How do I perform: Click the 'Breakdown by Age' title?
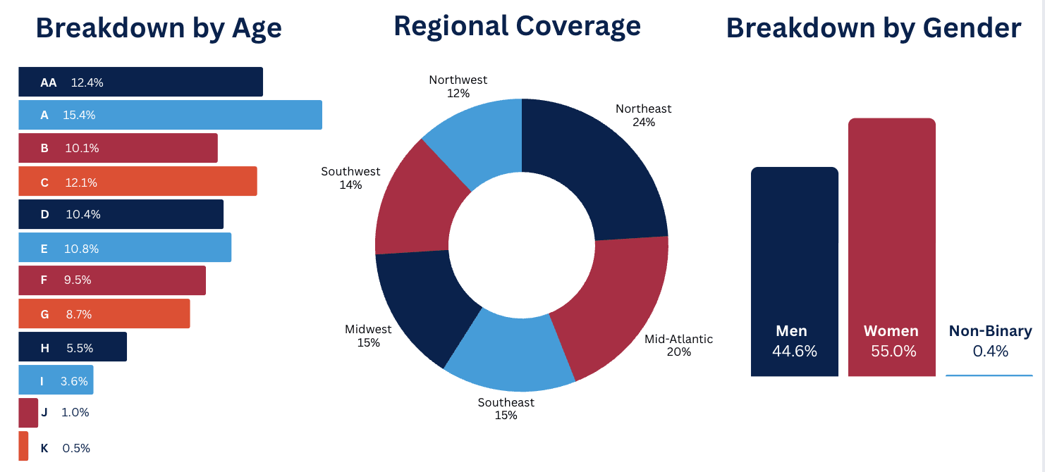tap(159, 29)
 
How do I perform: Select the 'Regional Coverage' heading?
tap(517, 26)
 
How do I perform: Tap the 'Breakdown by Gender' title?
tap(874, 29)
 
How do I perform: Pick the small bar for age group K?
tap(23, 446)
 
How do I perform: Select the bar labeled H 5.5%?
tap(73, 347)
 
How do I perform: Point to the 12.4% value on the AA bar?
tap(87, 82)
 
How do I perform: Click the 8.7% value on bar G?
tap(79, 314)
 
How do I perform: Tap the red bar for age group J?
tap(28, 413)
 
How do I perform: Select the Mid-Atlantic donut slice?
tap(613, 303)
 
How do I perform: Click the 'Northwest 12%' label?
tap(458, 87)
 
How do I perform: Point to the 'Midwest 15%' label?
tap(368, 336)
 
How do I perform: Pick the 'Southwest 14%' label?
tap(350, 178)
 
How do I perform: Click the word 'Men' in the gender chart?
tap(791, 331)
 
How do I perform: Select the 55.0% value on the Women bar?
tap(893, 351)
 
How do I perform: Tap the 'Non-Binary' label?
tap(990, 331)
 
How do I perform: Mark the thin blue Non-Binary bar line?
tap(989, 375)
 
